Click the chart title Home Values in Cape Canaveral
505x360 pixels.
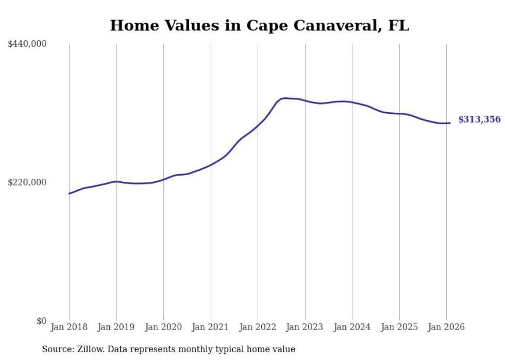point(259,26)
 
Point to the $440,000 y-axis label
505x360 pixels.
point(27,44)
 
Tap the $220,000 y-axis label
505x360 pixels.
point(27,182)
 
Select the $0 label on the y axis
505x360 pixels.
point(41,321)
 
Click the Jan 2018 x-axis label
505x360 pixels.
point(69,327)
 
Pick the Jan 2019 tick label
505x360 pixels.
point(116,327)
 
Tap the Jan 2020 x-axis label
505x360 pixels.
point(163,327)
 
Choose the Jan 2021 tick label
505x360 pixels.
point(210,327)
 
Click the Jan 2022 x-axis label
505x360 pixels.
point(258,327)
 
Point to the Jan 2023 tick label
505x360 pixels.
point(305,327)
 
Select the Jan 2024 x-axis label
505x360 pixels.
point(352,327)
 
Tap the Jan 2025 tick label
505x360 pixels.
point(399,327)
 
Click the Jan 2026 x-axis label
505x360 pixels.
point(446,327)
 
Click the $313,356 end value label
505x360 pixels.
point(479,119)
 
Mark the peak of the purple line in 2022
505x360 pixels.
point(285,98)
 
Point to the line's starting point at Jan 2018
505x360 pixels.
point(69,194)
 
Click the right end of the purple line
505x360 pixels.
point(450,123)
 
